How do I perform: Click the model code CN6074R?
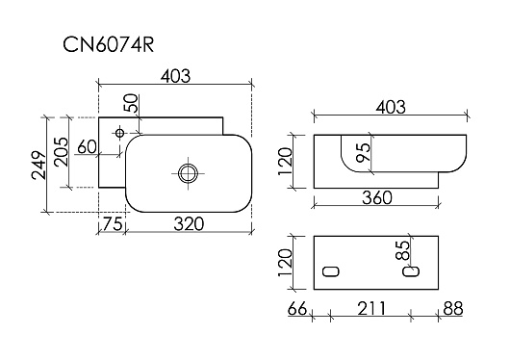click(108, 44)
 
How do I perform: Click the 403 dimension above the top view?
click(175, 76)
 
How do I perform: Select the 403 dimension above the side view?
click(391, 107)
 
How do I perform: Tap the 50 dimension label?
click(131, 103)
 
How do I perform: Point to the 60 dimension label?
click(87, 146)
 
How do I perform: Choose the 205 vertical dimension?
click(62, 152)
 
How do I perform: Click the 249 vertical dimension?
click(39, 165)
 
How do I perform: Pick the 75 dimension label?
click(113, 224)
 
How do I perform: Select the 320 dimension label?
click(189, 224)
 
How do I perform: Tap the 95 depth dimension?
click(364, 152)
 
